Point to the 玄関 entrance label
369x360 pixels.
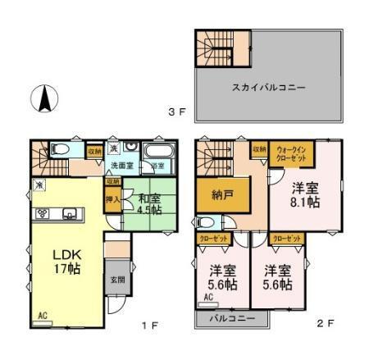[x=117, y=279]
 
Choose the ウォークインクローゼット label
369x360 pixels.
[x=291, y=153]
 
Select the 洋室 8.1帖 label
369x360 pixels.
[x=303, y=195]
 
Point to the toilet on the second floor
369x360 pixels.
[x=207, y=222]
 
